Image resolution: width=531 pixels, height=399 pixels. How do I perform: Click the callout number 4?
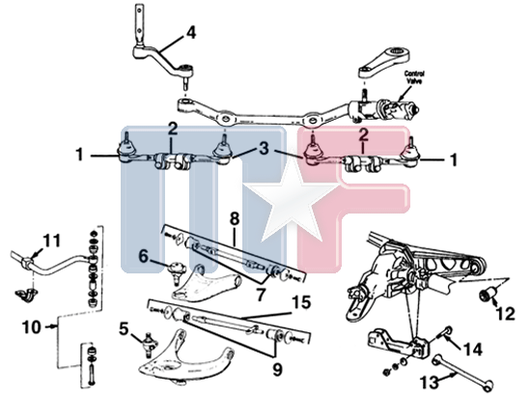point(190,33)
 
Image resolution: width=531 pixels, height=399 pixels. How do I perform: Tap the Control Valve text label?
point(414,77)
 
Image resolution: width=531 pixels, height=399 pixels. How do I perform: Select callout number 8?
point(235,219)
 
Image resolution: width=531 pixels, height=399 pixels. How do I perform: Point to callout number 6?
point(143,257)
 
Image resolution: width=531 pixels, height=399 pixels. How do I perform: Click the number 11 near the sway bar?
point(51,241)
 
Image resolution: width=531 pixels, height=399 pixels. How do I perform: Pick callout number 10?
point(32,328)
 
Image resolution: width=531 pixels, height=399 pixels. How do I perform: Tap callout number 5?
point(124,328)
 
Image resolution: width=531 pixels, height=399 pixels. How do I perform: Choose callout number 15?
point(301,302)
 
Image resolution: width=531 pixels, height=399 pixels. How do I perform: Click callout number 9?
point(277,370)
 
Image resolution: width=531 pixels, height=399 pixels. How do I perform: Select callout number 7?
point(260,296)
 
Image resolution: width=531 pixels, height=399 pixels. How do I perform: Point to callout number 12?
point(505,314)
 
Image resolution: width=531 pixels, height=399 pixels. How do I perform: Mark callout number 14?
point(472,349)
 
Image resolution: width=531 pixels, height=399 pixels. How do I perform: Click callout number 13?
point(430,383)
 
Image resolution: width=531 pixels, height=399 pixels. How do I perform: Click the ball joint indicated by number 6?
point(177,271)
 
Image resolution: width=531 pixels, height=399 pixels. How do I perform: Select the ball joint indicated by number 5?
point(150,345)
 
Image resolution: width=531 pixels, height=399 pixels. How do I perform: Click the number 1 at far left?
point(79,155)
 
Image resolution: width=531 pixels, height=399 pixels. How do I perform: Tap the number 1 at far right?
point(454,159)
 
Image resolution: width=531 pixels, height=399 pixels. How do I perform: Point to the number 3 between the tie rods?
point(265,149)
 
